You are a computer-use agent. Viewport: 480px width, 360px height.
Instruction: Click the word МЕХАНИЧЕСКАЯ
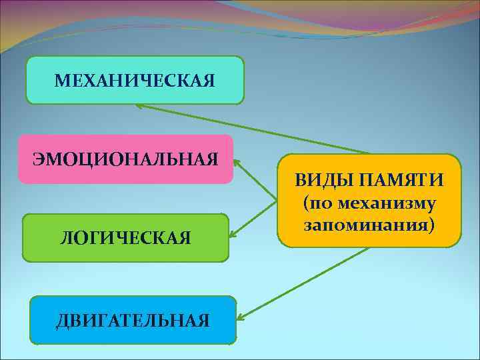[x=135, y=81]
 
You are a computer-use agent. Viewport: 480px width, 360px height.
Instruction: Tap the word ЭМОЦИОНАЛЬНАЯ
[x=126, y=159]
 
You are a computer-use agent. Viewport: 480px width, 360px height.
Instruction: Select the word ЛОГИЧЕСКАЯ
[x=125, y=237]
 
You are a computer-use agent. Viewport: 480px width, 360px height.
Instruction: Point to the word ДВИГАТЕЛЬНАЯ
[x=133, y=321]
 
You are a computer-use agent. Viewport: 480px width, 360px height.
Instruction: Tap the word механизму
[x=387, y=202]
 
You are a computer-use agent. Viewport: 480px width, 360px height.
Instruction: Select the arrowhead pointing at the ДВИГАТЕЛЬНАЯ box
[x=239, y=317]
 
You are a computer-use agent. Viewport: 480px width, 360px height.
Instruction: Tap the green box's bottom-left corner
[x=24, y=260]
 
